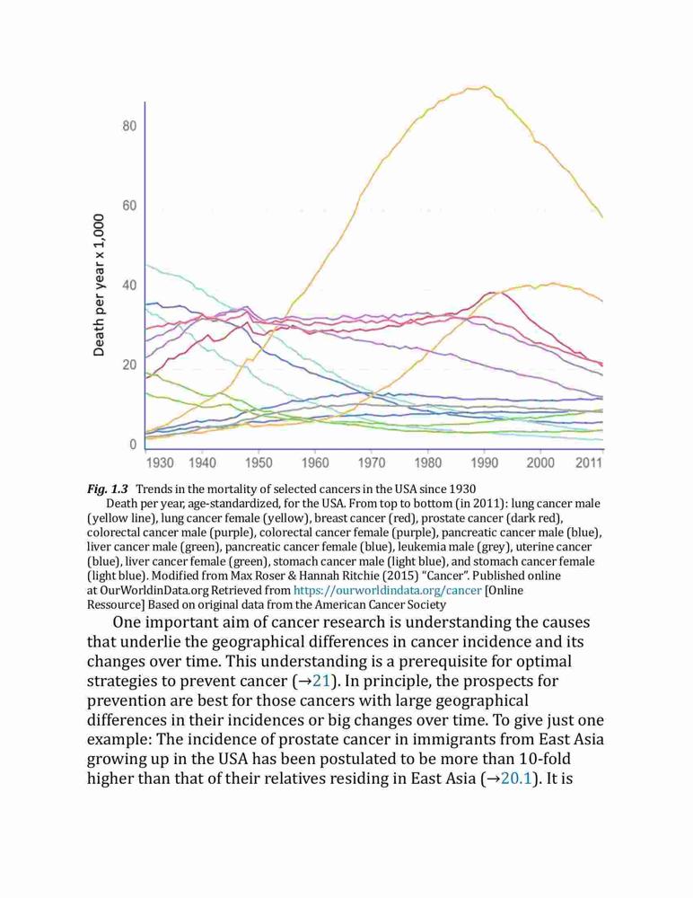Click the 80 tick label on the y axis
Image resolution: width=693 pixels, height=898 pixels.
129,126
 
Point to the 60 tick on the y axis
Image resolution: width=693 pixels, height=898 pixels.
129,206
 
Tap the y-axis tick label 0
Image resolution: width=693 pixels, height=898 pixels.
134,445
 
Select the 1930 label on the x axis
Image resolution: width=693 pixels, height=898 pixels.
160,462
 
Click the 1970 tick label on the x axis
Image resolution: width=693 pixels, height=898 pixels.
371,462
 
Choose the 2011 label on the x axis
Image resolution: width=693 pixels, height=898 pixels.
589,462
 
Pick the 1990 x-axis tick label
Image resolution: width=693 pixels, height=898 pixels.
484,462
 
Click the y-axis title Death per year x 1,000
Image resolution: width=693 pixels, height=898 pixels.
100,285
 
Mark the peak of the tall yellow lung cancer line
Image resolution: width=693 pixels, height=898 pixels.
485,86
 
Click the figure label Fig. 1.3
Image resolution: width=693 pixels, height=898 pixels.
107,489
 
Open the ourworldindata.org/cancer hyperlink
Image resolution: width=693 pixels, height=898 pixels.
387,590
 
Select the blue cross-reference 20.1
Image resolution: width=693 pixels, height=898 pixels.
516,779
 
